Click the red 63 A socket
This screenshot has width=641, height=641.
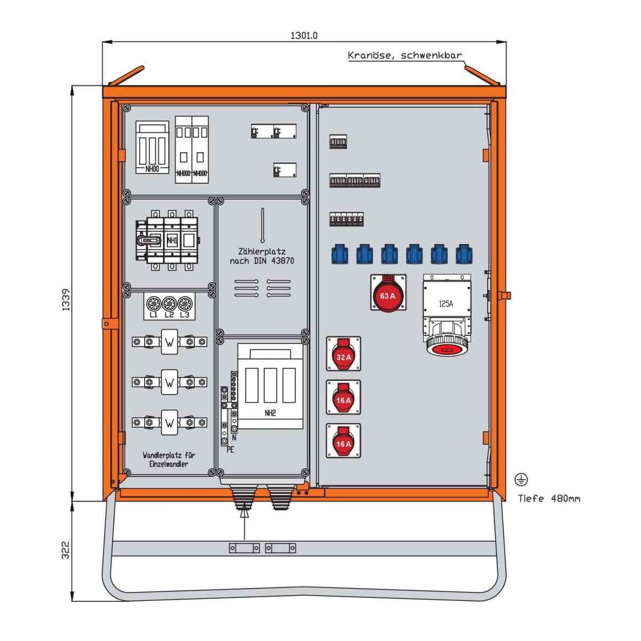click(388, 295)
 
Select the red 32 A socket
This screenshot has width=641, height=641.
click(343, 356)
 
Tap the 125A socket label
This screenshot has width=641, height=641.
click(445, 304)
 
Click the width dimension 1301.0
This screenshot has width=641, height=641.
click(304, 36)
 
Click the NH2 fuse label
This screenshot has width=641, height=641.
click(270, 413)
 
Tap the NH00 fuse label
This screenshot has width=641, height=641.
click(152, 169)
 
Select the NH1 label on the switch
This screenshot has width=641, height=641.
click(172, 240)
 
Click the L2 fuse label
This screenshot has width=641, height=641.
click(169, 315)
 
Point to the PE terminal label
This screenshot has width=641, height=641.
click(230, 450)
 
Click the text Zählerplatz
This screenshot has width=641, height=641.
click(262, 251)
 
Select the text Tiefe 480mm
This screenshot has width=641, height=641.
click(549, 498)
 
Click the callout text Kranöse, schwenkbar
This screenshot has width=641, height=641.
click(405, 55)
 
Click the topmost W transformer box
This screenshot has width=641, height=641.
click(169, 341)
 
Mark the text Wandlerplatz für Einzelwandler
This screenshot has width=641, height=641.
click(169, 459)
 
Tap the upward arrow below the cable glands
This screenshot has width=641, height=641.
click(244, 514)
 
